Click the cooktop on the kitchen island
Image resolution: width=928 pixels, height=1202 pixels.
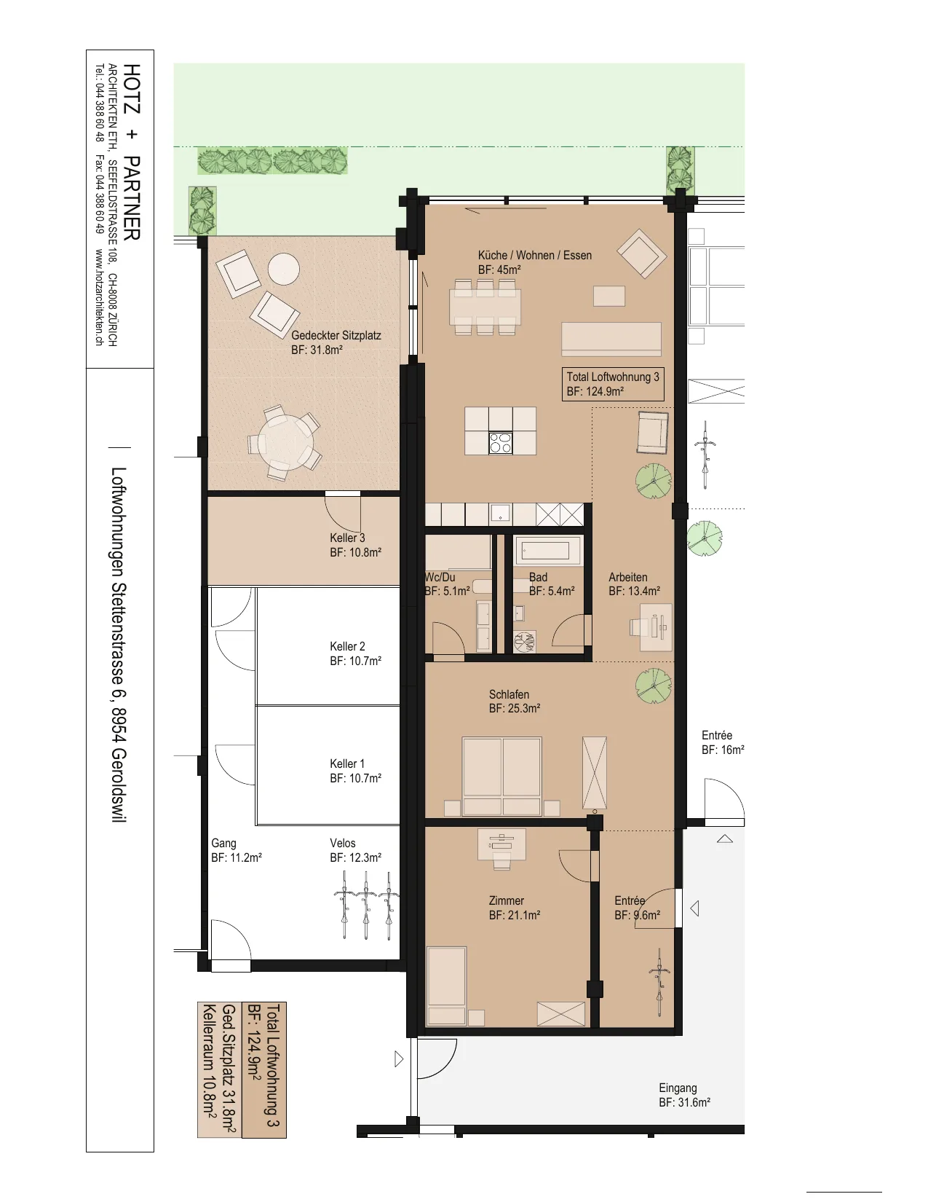(500, 443)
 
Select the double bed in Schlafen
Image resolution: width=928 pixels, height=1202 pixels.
(502, 776)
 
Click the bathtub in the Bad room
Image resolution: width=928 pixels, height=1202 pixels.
(546, 551)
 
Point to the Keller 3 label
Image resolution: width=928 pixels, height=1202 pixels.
(355, 545)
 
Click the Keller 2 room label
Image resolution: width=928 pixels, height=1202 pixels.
(355, 653)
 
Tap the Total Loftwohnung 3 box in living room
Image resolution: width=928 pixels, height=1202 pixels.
(612, 384)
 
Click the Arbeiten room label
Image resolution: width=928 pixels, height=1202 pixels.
(634, 584)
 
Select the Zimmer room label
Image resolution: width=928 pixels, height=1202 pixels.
(514, 908)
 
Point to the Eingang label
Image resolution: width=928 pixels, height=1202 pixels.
(684, 1095)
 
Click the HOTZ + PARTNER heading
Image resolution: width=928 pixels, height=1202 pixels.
(132, 152)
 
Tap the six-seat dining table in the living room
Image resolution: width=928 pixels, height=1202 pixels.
(485, 307)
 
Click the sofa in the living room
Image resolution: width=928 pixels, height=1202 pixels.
(611, 339)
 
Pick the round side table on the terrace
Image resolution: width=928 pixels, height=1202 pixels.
(284, 269)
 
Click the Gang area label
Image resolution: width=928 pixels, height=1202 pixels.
(236, 850)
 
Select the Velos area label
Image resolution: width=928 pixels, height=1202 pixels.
(355, 850)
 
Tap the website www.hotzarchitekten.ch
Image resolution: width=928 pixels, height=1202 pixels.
(100, 297)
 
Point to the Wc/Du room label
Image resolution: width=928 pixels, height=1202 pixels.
(447, 584)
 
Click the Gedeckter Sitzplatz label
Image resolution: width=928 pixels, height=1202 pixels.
(336, 342)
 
